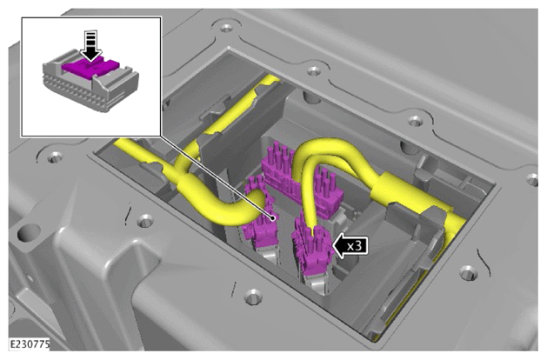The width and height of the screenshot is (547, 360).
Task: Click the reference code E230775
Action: pos(30,344)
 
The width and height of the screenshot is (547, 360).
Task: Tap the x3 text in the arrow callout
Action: pos(354,246)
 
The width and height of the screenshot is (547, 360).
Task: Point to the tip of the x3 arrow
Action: pos(333,246)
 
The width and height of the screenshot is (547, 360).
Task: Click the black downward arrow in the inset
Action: pos(90,46)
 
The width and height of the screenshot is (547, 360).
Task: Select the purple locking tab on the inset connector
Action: pos(90,67)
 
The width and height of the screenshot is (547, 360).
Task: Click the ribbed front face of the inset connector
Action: pos(74,90)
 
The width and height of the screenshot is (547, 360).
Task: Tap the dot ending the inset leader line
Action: pos(272,218)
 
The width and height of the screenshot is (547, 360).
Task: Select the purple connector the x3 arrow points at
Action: pos(312,249)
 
